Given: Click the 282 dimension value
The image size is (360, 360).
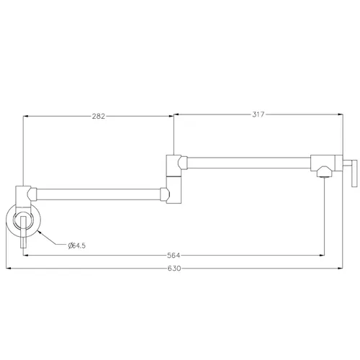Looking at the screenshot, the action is tap(99, 116).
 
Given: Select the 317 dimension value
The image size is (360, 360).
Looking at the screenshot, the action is tap(258, 114).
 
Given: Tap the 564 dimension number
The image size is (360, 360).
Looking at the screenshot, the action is tap(174, 256).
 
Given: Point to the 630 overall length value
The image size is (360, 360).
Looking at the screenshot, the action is tap(174, 268).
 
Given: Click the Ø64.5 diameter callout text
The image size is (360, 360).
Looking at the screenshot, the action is tap(77, 246).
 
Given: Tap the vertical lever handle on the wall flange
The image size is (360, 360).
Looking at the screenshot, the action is tap(23, 232).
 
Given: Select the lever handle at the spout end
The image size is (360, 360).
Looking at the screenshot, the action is tap(354, 173).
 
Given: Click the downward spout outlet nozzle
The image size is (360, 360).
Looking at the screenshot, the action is tap(324, 172).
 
